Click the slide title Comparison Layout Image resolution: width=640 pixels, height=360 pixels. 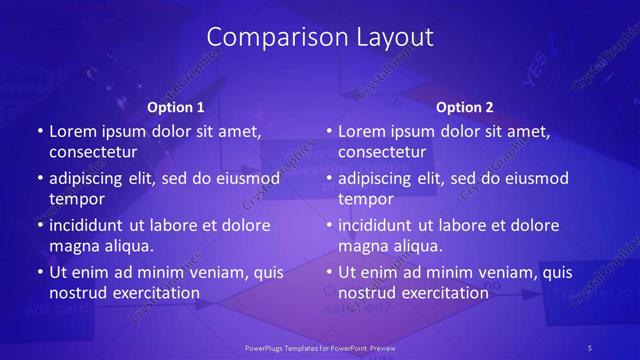[x=320, y=37]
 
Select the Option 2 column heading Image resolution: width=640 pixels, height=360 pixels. [x=465, y=107]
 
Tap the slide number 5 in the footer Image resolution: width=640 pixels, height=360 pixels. [x=589, y=347]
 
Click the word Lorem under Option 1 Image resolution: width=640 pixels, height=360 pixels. [x=72, y=131]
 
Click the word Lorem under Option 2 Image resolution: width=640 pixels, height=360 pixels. [x=361, y=131]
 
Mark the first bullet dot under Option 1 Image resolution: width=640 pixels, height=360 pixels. [x=39, y=132]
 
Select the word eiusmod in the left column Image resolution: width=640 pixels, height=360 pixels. [x=248, y=178]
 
